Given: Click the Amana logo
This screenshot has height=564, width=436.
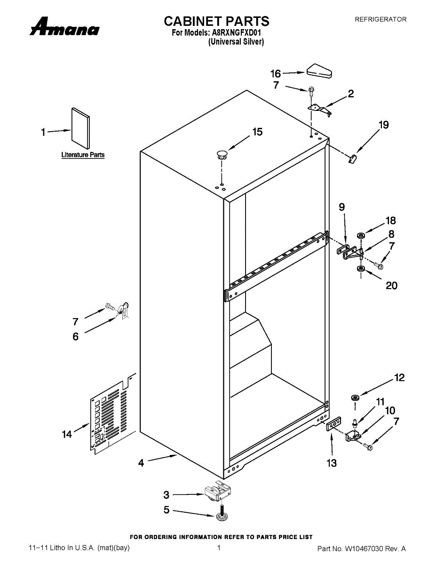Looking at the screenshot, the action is (64, 26).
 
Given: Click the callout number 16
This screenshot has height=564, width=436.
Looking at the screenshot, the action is (276, 74).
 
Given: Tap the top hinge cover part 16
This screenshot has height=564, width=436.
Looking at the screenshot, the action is (320, 71).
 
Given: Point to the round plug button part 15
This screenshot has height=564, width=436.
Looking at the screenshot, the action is (222, 155).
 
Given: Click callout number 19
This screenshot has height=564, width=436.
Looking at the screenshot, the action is (383, 125).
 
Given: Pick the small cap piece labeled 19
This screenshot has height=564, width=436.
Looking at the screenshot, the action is (352, 158).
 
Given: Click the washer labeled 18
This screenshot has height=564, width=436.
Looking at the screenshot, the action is (360, 235).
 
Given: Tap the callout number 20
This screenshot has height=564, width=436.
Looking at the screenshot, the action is (392, 285).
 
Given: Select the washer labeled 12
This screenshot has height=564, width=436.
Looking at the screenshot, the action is (355, 397).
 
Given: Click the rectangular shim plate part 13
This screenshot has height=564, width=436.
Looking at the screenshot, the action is (333, 424).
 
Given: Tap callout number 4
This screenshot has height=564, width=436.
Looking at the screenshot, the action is (141, 463).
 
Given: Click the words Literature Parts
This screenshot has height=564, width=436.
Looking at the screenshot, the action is (83, 155).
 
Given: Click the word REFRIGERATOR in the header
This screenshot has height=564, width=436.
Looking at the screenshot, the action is (381, 19).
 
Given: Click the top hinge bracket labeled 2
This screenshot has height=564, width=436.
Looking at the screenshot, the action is (320, 110).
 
